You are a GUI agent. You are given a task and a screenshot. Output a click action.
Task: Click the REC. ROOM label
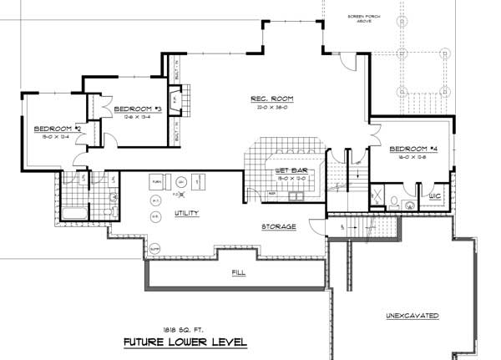click(270, 99)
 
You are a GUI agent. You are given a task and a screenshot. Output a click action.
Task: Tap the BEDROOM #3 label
click(138, 109)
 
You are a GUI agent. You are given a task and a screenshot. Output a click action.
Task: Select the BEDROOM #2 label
click(57, 129)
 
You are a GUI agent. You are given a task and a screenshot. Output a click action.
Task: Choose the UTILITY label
click(186, 214)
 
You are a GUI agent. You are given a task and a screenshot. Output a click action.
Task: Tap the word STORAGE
click(278, 226)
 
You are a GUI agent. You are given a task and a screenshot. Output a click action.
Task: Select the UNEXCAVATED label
click(412, 316)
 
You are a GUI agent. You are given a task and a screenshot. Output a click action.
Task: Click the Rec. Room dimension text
click(270, 108)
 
